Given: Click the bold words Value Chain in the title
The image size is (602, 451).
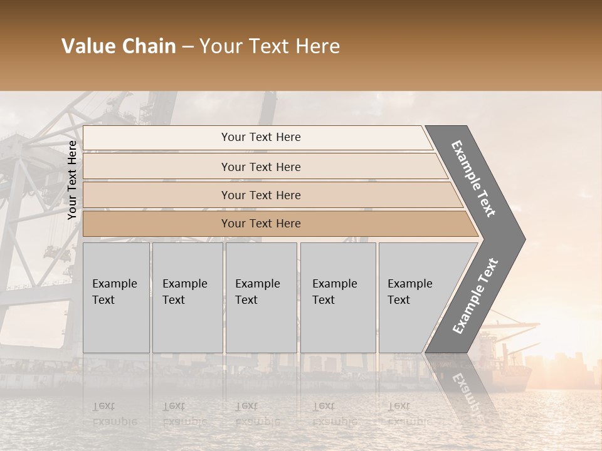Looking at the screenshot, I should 119,46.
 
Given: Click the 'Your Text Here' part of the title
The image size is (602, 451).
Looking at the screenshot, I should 270,46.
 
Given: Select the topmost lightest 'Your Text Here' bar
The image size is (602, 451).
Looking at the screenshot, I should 260,137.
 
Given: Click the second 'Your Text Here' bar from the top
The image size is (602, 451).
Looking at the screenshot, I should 260,167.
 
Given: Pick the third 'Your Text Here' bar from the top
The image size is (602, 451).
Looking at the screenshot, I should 260,195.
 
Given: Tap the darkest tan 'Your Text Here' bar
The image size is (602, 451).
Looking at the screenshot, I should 260,224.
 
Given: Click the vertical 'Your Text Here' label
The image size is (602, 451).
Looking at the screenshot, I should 72,180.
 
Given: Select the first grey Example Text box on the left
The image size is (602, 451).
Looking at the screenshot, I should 116,298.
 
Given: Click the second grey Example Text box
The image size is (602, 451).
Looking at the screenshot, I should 187,298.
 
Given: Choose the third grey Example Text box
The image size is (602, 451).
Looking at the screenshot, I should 261,298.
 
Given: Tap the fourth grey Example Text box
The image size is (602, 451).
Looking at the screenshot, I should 337,298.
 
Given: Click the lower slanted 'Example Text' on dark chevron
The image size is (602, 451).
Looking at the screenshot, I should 475,296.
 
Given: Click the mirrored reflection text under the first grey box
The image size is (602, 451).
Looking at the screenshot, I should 114,414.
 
